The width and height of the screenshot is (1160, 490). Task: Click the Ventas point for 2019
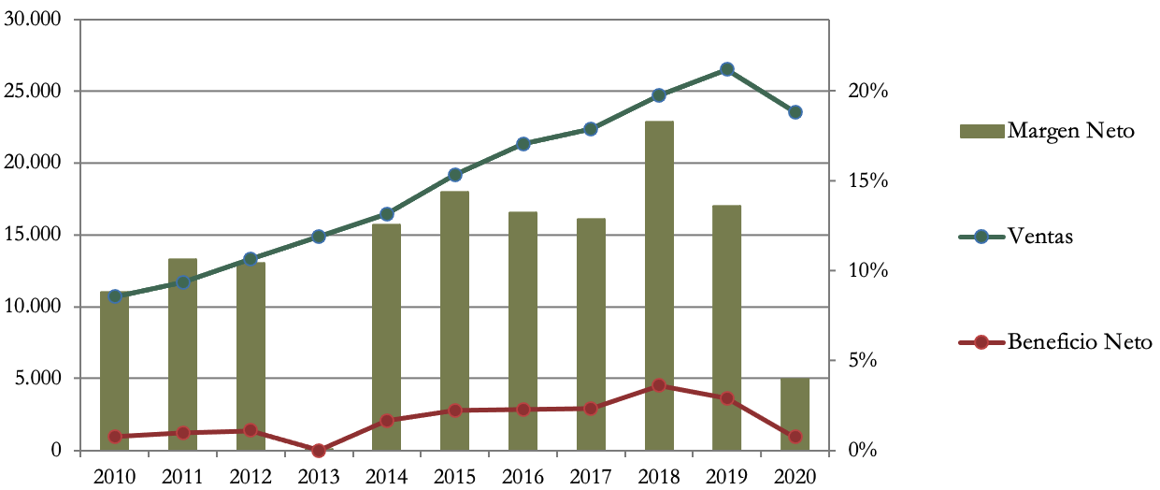click(x=727, y=69)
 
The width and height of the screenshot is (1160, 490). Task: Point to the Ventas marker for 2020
click(x=795, y=112)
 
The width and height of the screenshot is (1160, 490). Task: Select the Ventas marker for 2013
click(x=319, y=237)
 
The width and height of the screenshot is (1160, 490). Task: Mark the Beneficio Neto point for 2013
click(x=319, y=450)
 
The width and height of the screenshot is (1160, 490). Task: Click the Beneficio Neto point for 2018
click(x=659, y=385)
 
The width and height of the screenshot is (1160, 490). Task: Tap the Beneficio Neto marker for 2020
click(x=795, y=437)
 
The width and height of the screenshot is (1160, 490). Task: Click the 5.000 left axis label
click(x=37, y=379)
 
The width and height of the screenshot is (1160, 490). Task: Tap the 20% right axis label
click(x=867, y=92)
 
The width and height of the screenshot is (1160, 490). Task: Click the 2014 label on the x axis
click(x=387, y=476)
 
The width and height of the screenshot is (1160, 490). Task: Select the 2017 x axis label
click(x=591, y=476)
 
